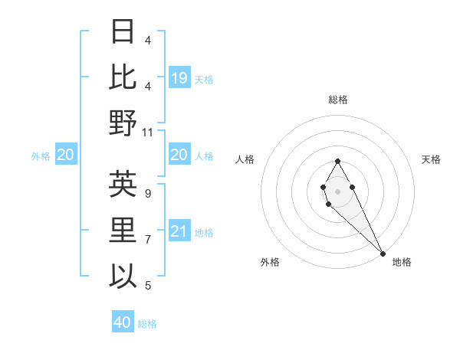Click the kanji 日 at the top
click(123, 32)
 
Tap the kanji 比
click(123, 77)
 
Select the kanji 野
click(123, 123)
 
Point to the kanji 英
click(123, 185)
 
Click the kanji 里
click(123, 230)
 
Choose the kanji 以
click(123, 275)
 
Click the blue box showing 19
click(179, 77)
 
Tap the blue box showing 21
click(179, 231)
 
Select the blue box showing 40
click(123, 322)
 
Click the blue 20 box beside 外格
click(66, 155)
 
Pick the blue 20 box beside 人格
click(179, 155)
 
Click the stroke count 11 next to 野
click(148, 132)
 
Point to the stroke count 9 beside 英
click(148, 194)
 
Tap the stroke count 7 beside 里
click(148, 240)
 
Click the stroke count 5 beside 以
click(148, 286)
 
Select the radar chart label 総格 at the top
click(338, 100)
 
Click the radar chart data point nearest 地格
click(382, 253)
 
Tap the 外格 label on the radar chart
click(270, 262)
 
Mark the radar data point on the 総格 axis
click(337, 161)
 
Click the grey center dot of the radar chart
click(337, 190)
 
